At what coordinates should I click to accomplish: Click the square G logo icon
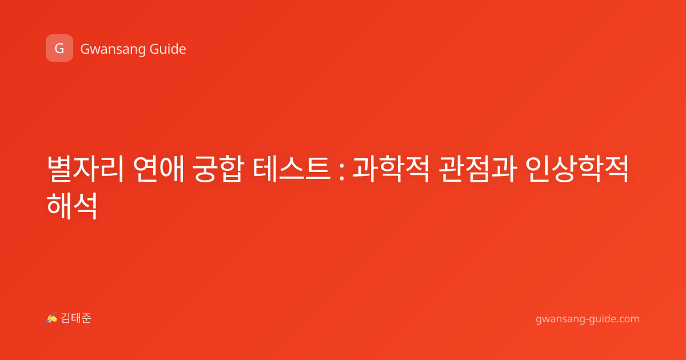pos(59,48)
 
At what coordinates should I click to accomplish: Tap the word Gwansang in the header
pos(113,50)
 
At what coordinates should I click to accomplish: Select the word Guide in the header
pos(168,49)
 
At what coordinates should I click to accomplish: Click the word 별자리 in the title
pos(85,169)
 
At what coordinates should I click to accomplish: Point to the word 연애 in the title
pos(159,169)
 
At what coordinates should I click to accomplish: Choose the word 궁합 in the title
pos(218,169)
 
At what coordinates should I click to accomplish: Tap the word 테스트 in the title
pos(292,169)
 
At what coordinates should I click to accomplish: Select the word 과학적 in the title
pos(391,169)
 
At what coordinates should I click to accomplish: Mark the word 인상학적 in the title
pos(577,169)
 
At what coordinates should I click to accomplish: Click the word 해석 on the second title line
pos(72,206)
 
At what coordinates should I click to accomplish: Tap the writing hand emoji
pos(52,318)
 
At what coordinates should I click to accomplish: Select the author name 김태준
pos(76,318)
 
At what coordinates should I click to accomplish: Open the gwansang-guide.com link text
pos(588,319)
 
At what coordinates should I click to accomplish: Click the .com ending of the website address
pos(627,319)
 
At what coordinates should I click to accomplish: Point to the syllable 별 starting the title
pos(60,169)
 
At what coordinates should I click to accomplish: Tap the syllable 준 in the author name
pos(86,318)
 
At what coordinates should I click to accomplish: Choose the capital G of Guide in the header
pos(154,49)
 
